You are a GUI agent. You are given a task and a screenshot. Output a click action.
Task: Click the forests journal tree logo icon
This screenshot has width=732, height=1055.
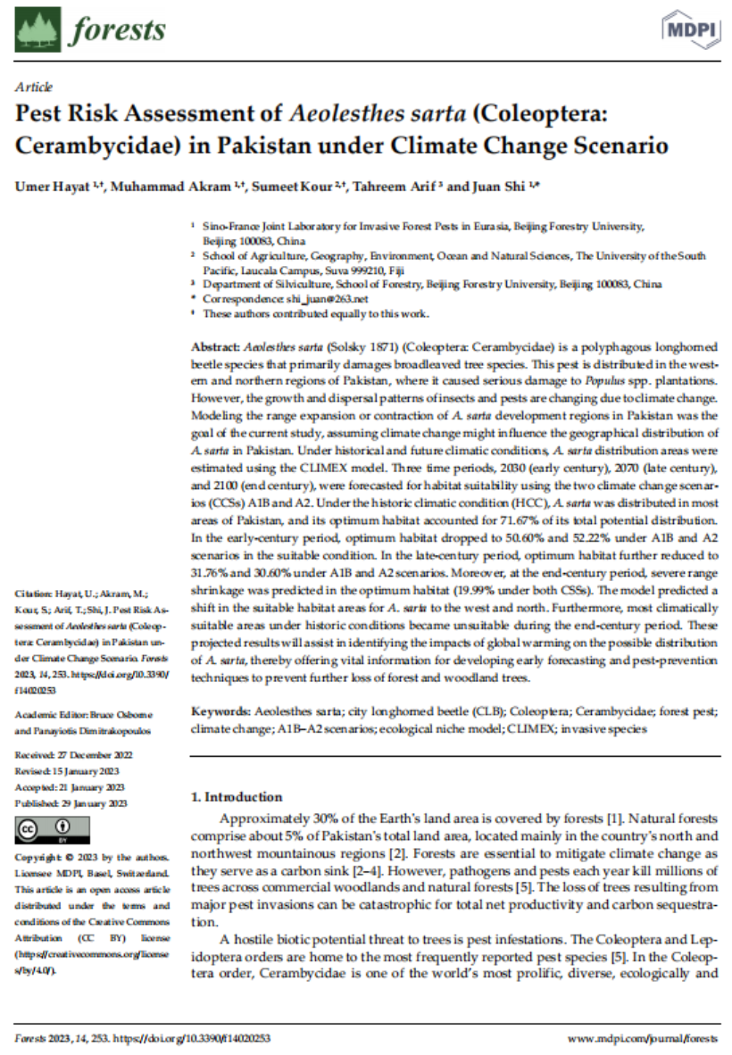(x=37, y=29)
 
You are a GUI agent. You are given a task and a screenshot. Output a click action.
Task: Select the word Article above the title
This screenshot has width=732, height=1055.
(x=34, y=87)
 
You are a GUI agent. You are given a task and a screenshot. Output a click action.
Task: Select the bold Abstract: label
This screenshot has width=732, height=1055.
(x=215, y=346)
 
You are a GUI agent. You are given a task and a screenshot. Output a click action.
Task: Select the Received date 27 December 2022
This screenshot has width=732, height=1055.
(x=90, y=755)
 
